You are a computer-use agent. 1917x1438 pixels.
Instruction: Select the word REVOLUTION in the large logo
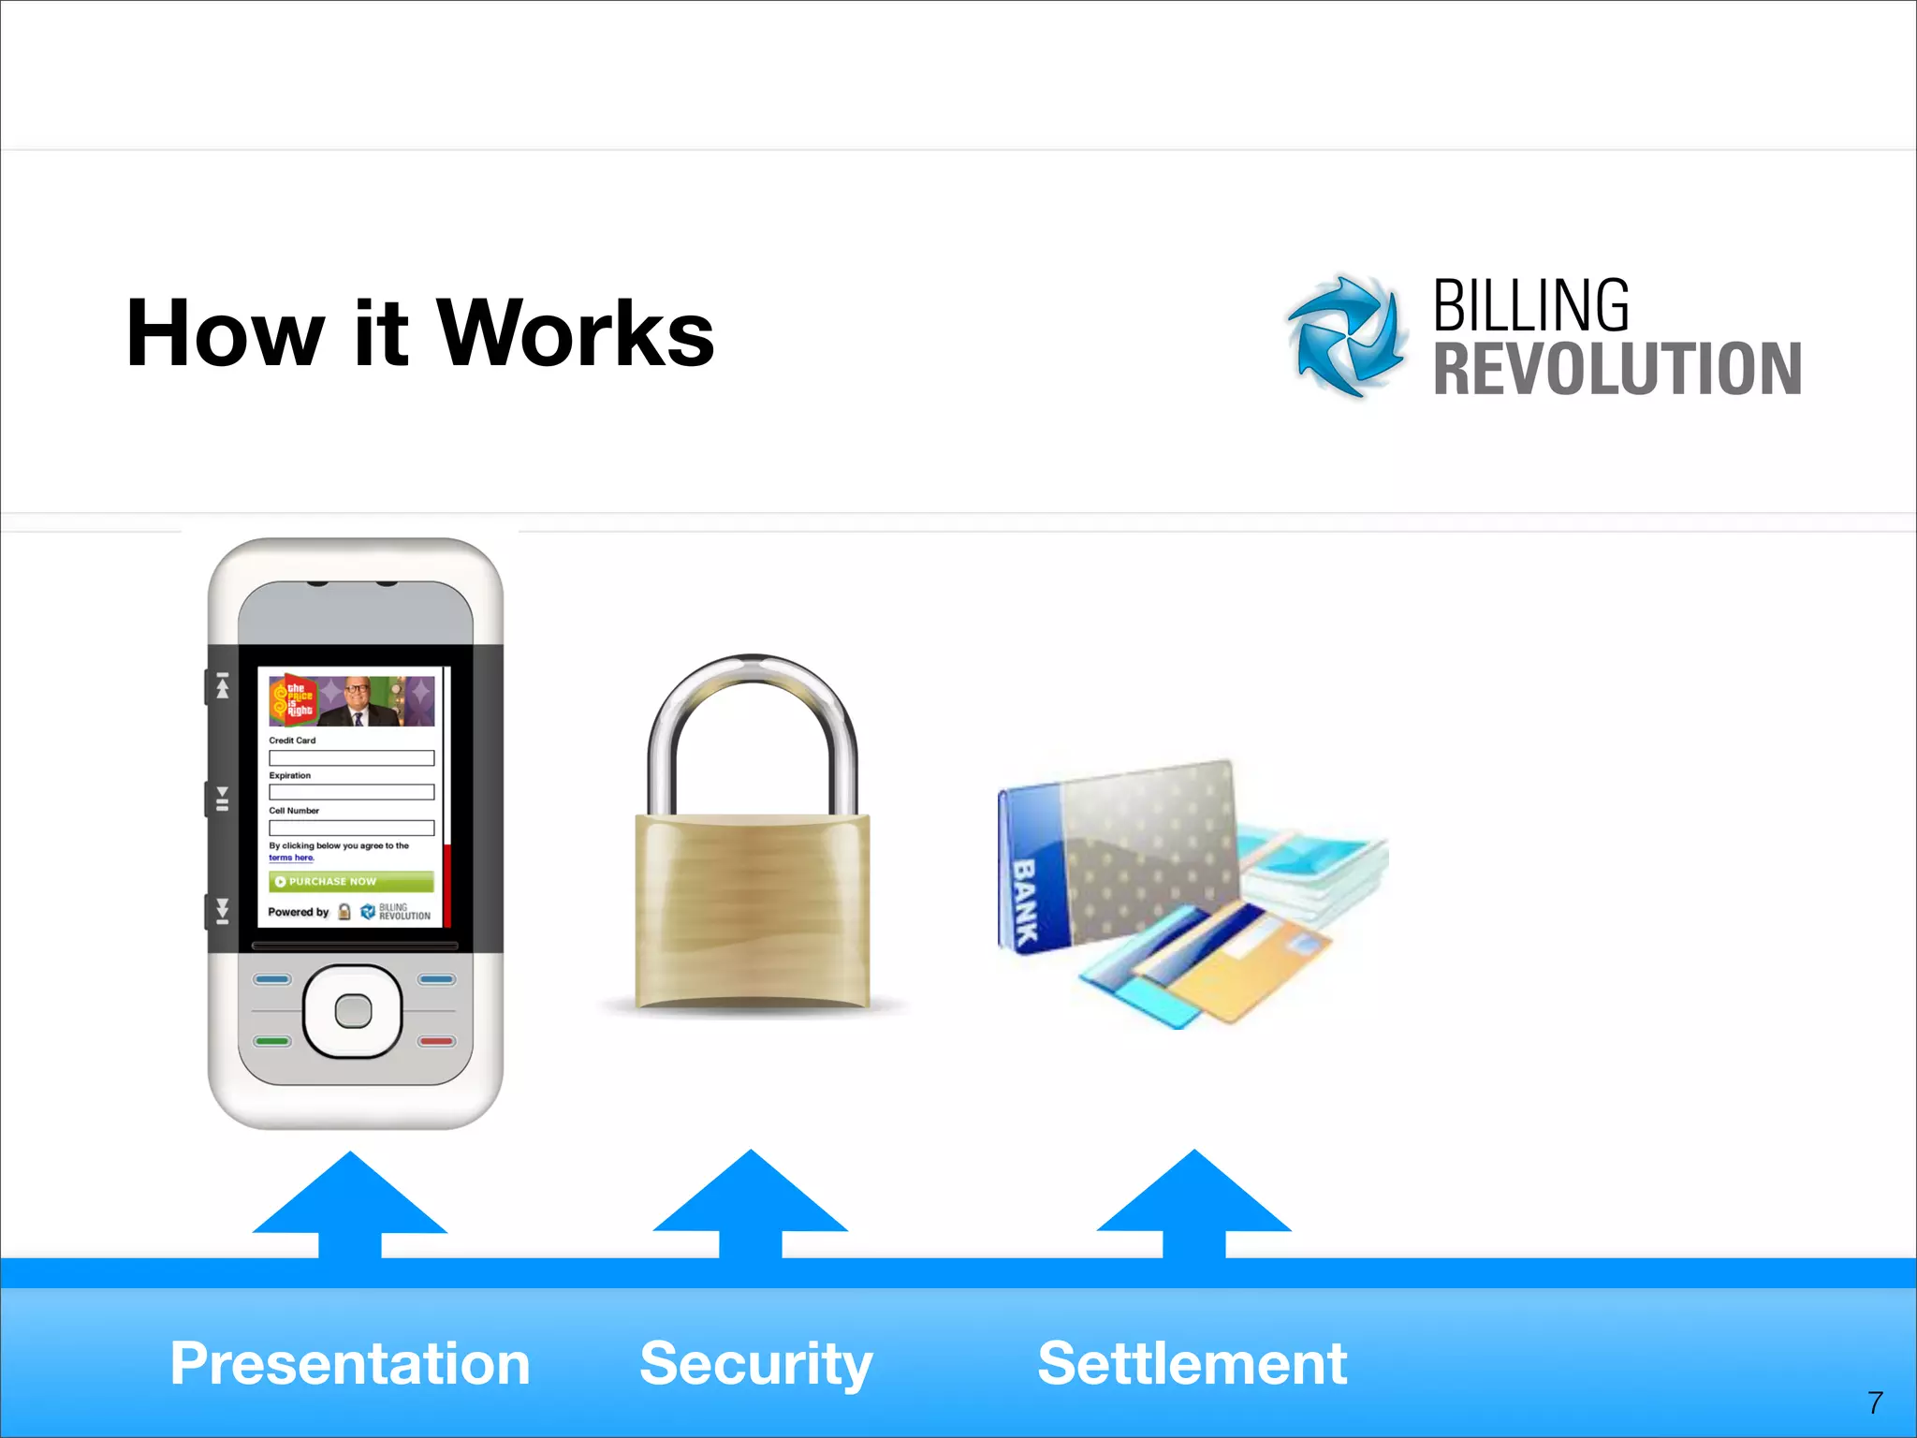(1617, 369)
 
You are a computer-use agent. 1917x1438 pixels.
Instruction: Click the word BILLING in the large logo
(1530, 306)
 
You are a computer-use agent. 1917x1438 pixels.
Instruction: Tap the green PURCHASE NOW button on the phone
(351, 882)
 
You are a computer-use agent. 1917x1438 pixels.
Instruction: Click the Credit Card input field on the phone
(351, 757)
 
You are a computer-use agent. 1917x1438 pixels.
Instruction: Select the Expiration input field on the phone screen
(351, 792)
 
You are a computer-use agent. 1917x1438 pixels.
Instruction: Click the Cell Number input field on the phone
(351, 828)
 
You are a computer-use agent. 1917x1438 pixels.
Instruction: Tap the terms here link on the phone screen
(291, 858)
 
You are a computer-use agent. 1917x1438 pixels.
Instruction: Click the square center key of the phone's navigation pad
(353, 1011)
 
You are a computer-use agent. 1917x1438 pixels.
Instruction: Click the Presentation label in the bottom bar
(350, 1363)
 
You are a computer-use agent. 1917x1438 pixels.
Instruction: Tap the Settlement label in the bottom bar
(1192, 1363)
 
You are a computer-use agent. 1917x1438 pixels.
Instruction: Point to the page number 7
(1875, 1402)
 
